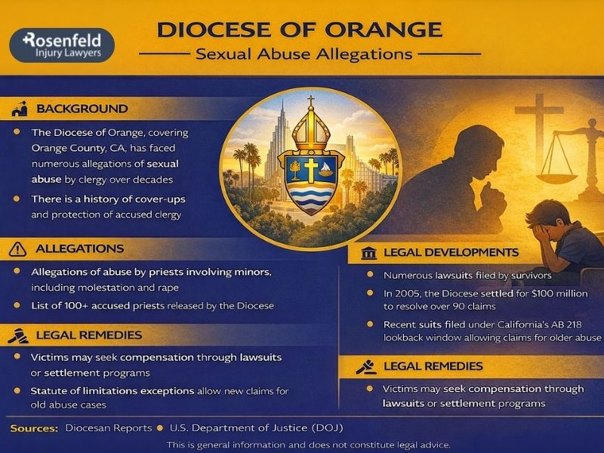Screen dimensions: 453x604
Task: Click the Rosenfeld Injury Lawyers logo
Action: point(62,45)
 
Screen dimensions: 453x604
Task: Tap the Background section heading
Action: point(82,109)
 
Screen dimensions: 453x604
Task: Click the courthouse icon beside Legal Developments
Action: point(367,252)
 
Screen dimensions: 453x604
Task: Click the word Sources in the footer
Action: point(34,428)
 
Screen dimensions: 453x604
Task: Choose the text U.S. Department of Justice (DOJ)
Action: point(257,428)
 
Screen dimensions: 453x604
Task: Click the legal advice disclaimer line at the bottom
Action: point(308,444)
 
